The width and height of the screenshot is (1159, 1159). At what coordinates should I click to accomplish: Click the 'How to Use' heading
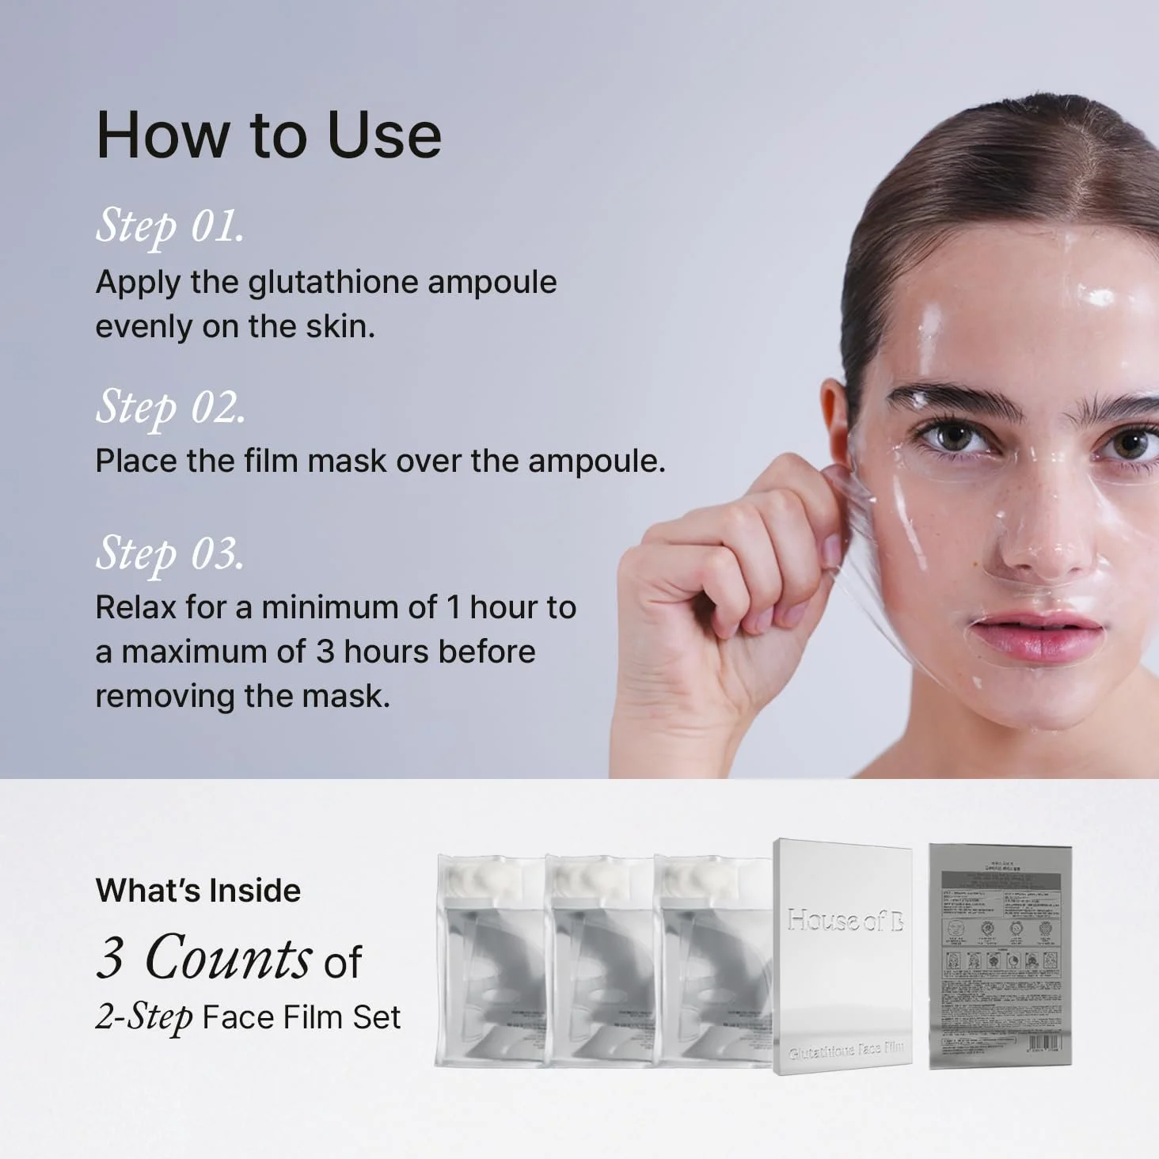pyautogui.click(x=268, y=135)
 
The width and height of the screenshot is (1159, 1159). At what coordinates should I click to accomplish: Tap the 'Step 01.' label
pyautogui.click(x=169, y=226)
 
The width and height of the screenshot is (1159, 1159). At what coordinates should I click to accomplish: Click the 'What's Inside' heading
pyautogui.click(x=198, y=891)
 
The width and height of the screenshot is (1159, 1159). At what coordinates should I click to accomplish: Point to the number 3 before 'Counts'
pyautogui.click(x=110, y=957)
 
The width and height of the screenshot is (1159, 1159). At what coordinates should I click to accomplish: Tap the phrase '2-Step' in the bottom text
pyautogui.click(x=143, y=1017)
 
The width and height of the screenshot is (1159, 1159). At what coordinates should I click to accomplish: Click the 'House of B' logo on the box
pyautogui.click(x=845, y=920)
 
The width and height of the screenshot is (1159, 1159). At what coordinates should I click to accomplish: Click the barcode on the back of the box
pyautogui.click(x=1043, y=1043)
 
